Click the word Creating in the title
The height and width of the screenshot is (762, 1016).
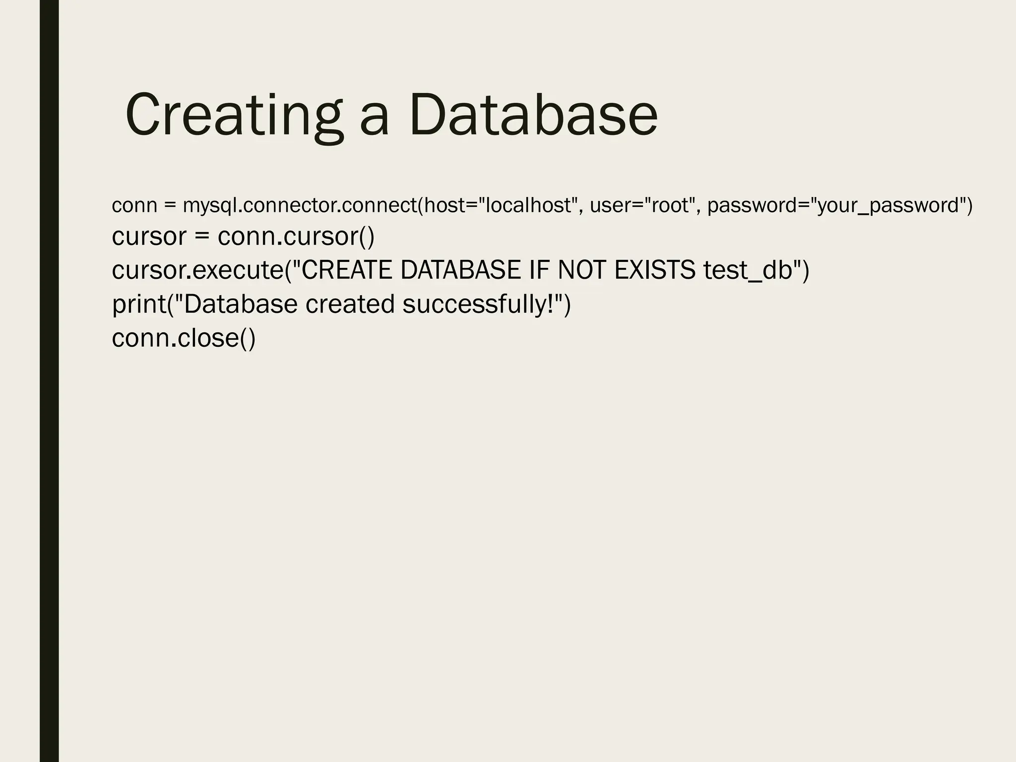(x=234, y=116)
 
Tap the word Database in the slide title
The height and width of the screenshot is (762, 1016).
(x=533, y=116)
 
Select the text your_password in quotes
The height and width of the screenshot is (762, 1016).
(x=889, y=205)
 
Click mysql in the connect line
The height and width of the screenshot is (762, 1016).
(x=210, y=205)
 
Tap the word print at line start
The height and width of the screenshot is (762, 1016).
(x=139, y=305)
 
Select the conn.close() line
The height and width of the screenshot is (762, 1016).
(x=184, y=338)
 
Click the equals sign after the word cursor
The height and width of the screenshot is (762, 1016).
(x=202, y=237)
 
